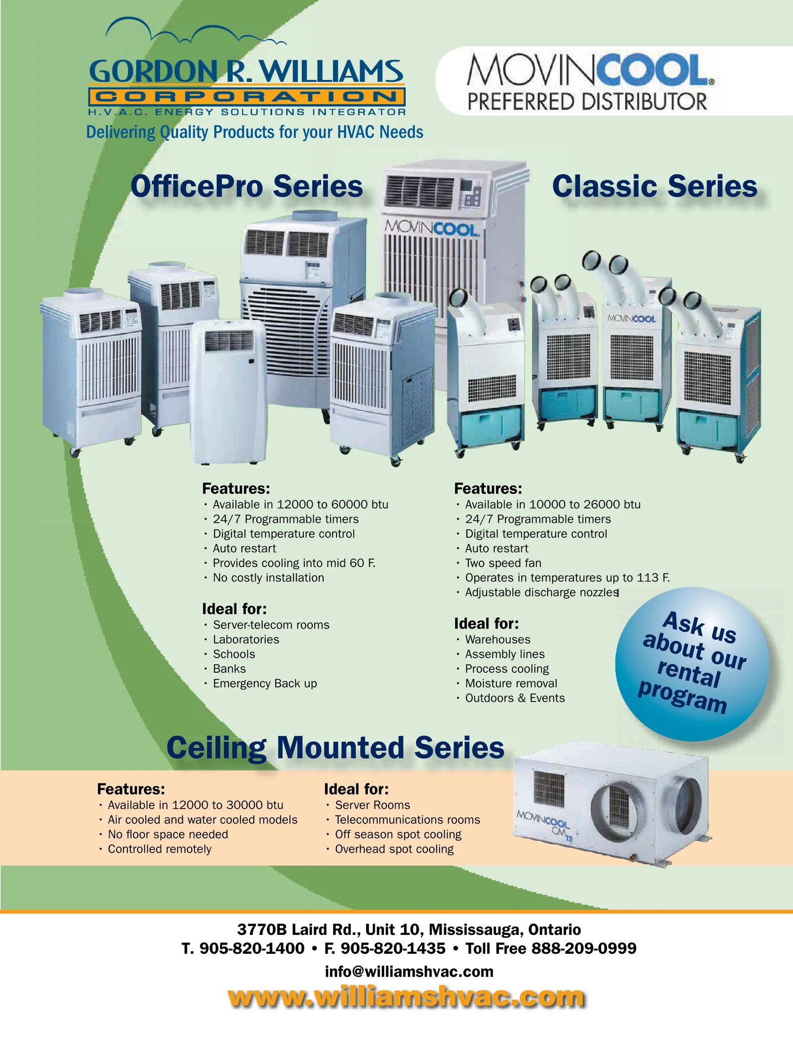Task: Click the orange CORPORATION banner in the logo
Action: pos(247,96)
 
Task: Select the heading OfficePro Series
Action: pos(247,186)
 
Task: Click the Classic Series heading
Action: pos(655,186)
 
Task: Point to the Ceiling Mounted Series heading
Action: pos(336,748)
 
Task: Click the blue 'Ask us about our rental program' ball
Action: pos(692,664)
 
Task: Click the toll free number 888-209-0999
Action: pos(584,949)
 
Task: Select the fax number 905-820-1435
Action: pos(393,949)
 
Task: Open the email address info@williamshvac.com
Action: pos(409,972)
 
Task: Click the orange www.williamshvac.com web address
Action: pos(406,996)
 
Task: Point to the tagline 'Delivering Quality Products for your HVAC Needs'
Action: pos(255,132)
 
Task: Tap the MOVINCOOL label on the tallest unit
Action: pos(432,229)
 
